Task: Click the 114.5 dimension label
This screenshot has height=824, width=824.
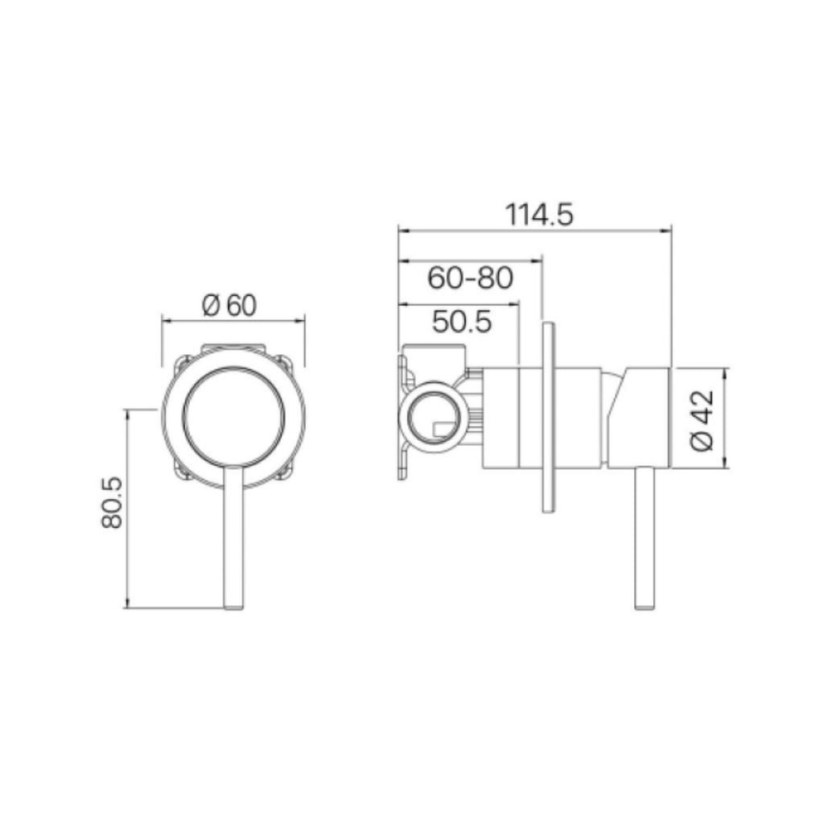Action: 538,215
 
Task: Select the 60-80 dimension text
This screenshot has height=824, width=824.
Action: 471,278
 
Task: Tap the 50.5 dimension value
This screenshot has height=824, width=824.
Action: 461,322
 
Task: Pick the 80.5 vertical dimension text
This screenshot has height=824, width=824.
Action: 112,502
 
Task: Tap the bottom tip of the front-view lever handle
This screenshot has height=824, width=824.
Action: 233,605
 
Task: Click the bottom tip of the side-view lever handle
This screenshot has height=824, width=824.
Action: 645,605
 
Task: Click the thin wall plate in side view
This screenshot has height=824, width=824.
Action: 547,418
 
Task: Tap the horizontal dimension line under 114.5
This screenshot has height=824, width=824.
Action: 535,230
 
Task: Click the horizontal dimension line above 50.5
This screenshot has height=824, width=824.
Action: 459,304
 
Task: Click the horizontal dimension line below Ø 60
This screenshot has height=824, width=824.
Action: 233,320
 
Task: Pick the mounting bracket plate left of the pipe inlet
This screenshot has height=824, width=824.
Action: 402,418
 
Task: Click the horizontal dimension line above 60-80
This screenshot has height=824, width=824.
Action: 471,261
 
